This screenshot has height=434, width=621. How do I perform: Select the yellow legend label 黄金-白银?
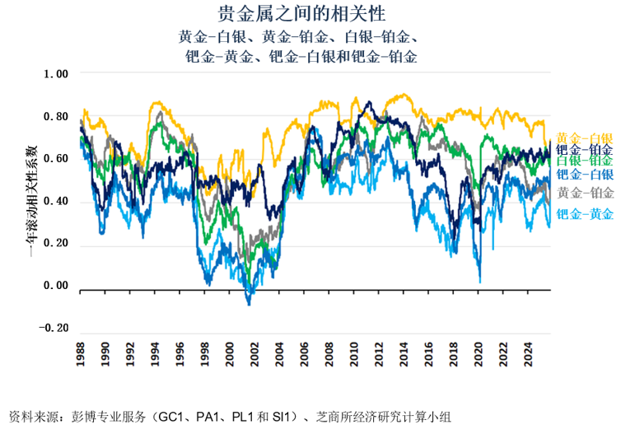tap(584, 138)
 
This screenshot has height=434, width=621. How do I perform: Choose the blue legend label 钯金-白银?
tap(584, 174)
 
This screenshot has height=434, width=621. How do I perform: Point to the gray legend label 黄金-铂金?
tap(584, 193)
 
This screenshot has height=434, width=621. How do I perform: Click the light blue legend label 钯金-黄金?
tap(584, 214)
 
